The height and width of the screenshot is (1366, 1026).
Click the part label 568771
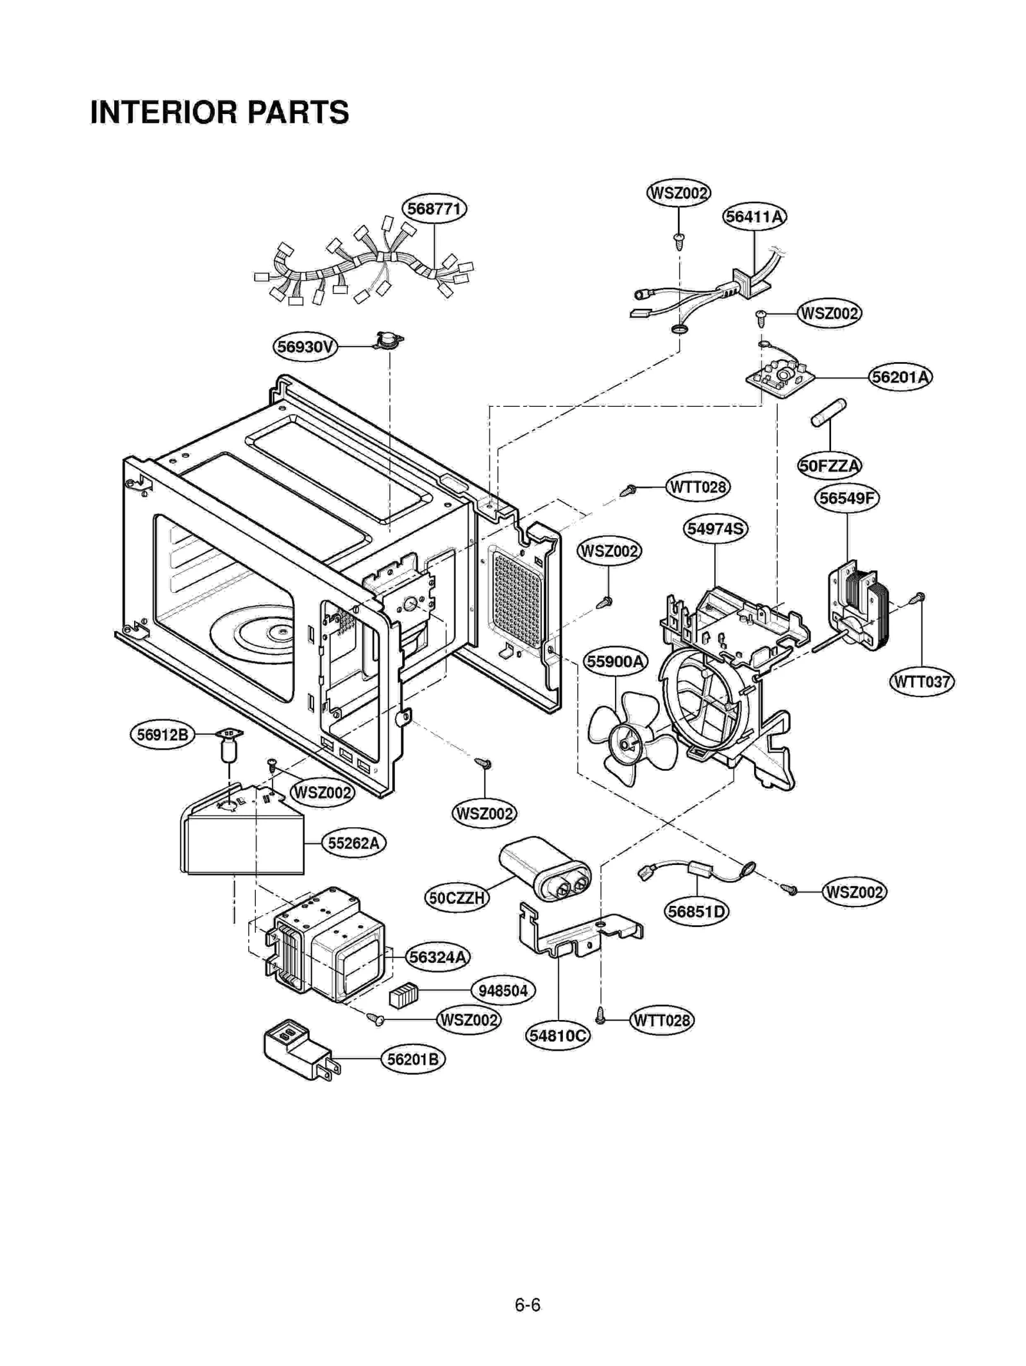(434, 209)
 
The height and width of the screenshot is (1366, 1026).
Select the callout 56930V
(305, 347)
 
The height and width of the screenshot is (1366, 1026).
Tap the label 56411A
(754, 217)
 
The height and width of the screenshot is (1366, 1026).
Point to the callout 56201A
(900, 377)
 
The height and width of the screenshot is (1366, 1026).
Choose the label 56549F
(846, 498)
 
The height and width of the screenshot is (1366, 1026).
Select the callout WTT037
(921, 681)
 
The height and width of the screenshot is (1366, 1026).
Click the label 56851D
(696, 911)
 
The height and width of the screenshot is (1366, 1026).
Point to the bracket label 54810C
(557, 1035)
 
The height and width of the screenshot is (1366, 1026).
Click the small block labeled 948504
(403, 995)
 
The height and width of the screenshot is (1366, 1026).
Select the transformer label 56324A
(438, 957)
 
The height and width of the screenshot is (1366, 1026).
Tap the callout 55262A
(353, 843)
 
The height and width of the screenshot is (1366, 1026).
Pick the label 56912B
(162, 735)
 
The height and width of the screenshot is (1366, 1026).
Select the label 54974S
(714, 529)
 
